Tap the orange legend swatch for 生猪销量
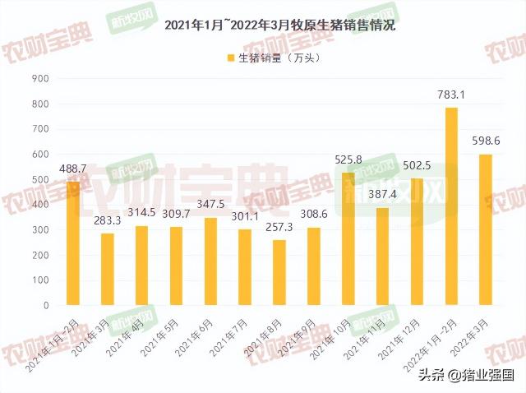coord(231,58)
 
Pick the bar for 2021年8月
coord(279,272)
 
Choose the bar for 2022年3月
coord(486,229)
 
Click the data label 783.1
coord(451,95)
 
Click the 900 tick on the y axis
coord(41,78)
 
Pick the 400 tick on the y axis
coord(41,204)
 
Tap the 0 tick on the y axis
coord(47,305)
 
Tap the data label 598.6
coord(486,141)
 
